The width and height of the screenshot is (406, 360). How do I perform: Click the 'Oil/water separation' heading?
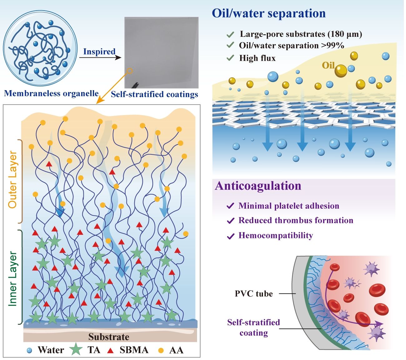point(269,14)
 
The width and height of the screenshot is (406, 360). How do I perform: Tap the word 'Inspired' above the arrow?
point(99,51)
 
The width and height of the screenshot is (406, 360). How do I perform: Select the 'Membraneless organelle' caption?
point(51,94)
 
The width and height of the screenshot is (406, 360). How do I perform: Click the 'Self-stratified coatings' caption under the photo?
point(155,94)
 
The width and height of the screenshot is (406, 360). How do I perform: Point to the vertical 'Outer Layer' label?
point(12,179)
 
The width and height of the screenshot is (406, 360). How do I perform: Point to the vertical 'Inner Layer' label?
point(12,279)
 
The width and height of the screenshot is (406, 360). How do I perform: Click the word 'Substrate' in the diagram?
point(109,337)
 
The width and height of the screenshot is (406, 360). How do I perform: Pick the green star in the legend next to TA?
point(76,349)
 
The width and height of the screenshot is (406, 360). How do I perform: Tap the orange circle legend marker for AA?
point(161,350)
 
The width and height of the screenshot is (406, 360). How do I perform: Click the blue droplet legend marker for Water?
point(29,350)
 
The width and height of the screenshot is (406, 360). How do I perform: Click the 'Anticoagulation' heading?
point(258,186)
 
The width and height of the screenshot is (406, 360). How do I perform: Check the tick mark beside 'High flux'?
point(230,58)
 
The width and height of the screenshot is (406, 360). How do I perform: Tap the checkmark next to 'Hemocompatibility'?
point(230,236)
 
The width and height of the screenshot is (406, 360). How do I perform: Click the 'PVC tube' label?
point(254,294)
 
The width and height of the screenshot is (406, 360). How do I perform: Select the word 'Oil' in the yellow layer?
point(328,65)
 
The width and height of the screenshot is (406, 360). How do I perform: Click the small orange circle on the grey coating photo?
point(130,71)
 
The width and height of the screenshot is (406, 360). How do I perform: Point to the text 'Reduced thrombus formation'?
point(296,221)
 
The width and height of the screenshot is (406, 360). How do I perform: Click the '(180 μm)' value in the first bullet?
point(345,34)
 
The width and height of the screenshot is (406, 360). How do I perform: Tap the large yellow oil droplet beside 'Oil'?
point(341,71)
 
